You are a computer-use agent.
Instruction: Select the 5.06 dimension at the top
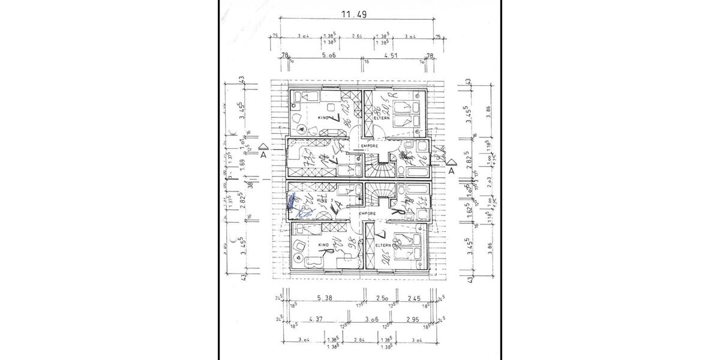(328, 55)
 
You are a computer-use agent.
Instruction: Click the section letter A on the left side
(263, 154)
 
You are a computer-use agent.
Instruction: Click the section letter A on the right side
(451, 170)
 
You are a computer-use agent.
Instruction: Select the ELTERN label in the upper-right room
(382, 118)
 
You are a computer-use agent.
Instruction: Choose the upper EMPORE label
(368, 146)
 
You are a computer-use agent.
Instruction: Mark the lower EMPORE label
(367, 214)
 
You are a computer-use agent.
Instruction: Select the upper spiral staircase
(378, 164)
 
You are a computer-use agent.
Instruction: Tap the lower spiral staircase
(378, 195)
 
